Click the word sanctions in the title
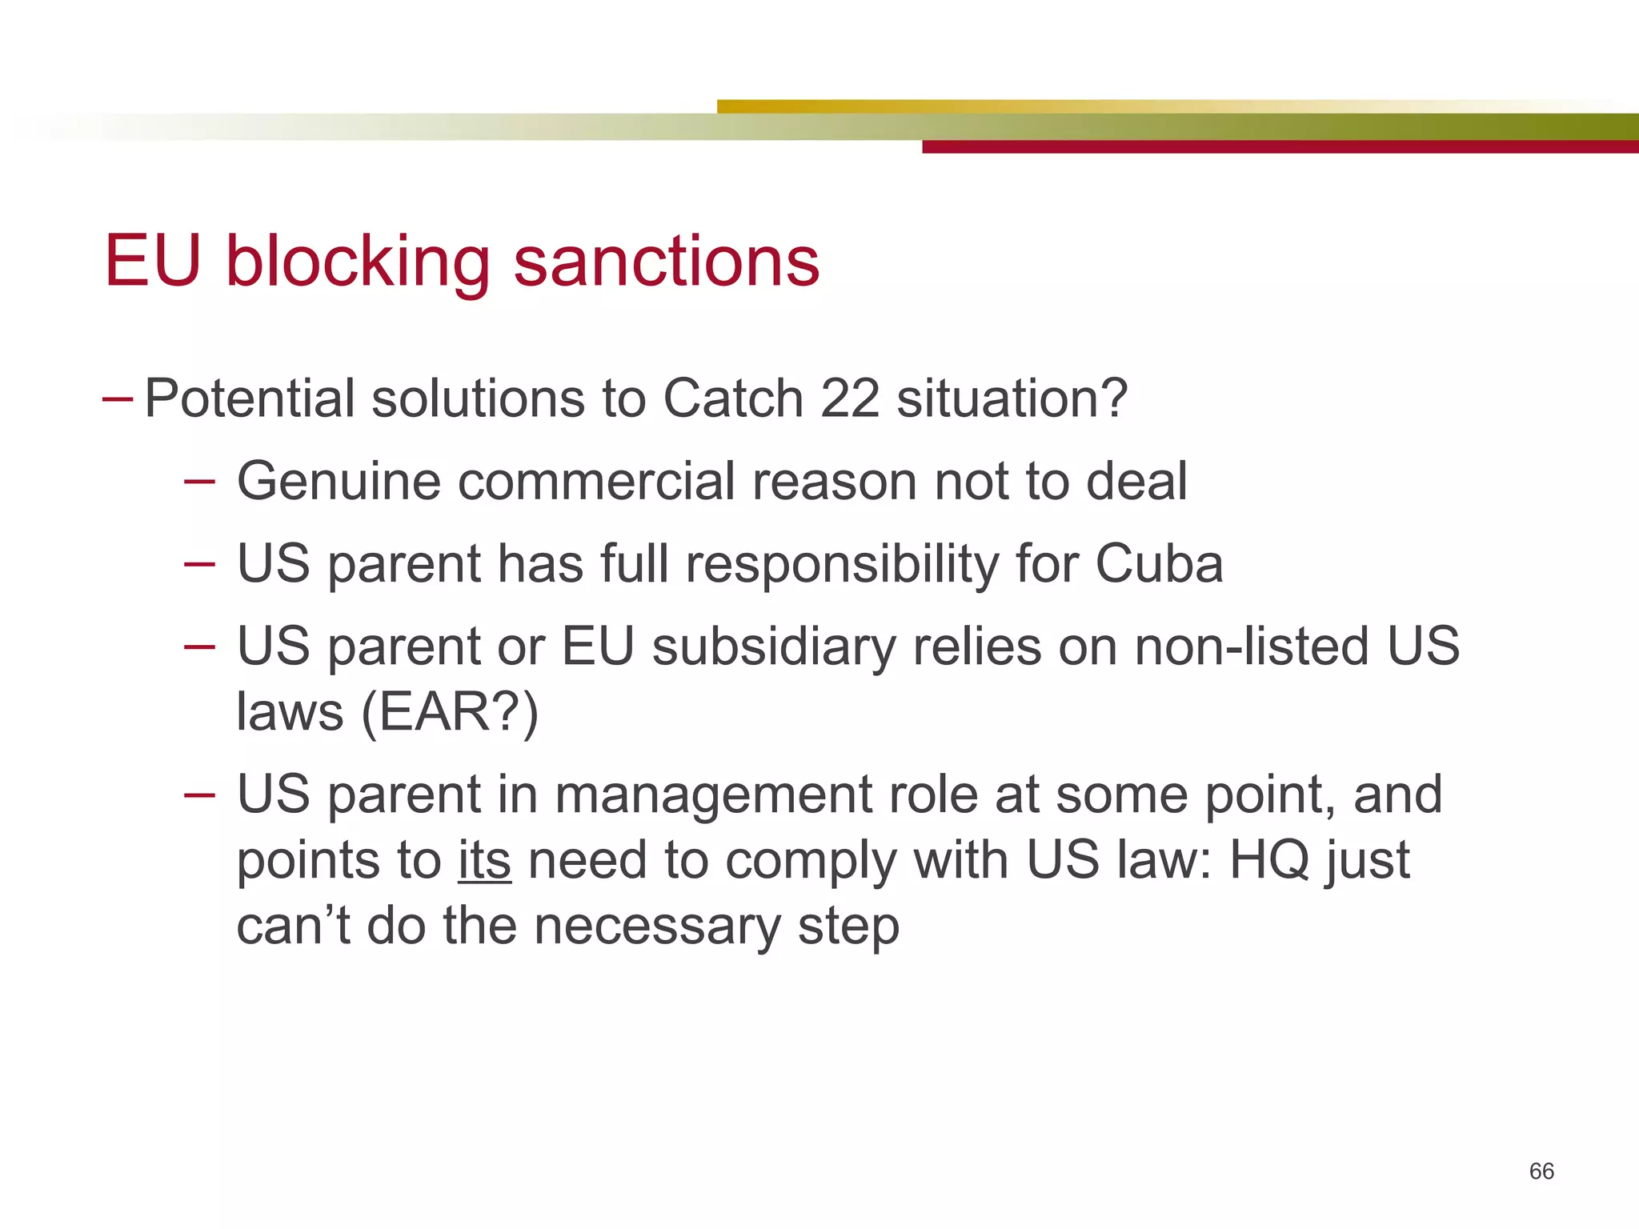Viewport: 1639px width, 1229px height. tap(666, 262)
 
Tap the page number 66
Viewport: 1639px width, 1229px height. tap(1541, 1171)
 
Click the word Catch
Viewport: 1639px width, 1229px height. tap(732, 398)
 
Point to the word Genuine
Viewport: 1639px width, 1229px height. tap(339, 482)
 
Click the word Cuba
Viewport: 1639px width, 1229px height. tap(1159, 564)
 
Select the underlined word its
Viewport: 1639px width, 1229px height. tap(484, 861)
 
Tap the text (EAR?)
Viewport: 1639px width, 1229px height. tap(450, 712)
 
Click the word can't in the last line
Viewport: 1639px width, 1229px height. tap(293, 927)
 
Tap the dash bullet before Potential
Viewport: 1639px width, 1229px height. tap(118, 398)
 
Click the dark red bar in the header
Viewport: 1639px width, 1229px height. tap(1280, 147)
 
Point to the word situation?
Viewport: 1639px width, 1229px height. tap(1012, 398)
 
